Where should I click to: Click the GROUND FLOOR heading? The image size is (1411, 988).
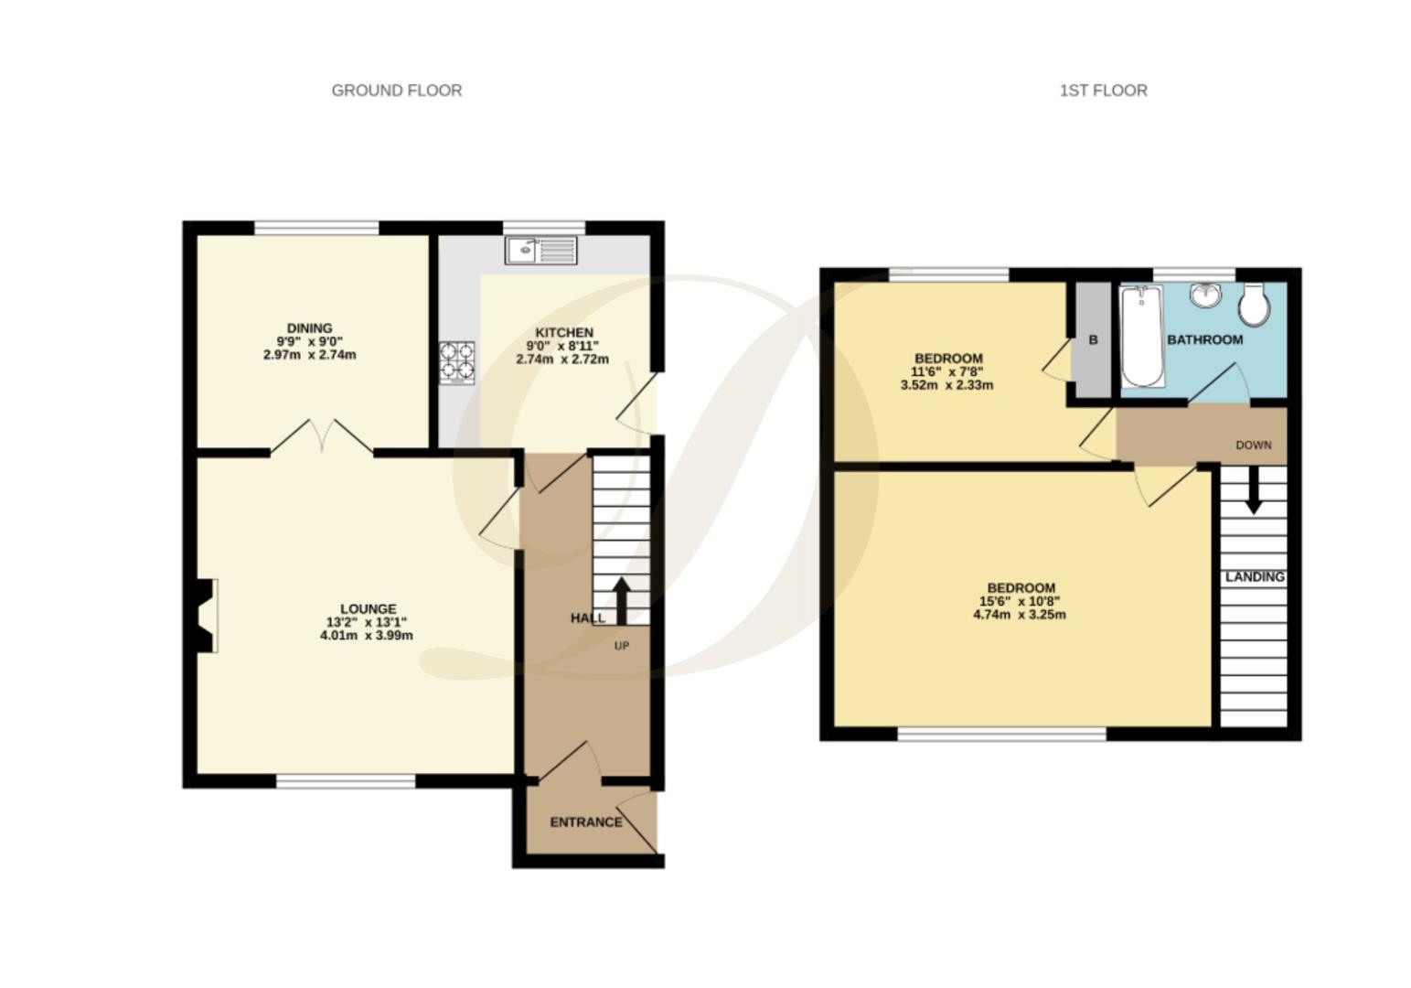[x=396, y=91]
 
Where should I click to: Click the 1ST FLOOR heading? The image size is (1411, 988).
[x=1103, y=91]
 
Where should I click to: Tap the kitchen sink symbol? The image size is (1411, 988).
[x=540, y=250]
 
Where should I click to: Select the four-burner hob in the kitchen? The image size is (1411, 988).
[x=456, y=361]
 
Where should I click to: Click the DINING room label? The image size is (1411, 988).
[x=309, y=328]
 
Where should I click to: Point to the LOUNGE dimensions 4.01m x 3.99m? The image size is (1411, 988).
[x=367, y=635]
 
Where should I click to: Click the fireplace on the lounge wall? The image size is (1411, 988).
[x=206, y=615]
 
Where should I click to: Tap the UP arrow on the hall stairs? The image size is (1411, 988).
[x=621, y=599]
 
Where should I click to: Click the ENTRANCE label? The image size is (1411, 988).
[x=586, y=822]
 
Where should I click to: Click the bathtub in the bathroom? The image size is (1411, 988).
[x=1142, y=336]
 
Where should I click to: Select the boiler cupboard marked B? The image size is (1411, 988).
[x=1092, y=340]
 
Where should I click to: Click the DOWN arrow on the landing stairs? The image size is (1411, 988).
[x=1253, y=490]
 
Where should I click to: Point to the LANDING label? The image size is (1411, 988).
[x=1255, y=577]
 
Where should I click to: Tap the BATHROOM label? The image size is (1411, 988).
[x=1204, y=339]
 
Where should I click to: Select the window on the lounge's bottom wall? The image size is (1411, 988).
[x=346, y=780]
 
